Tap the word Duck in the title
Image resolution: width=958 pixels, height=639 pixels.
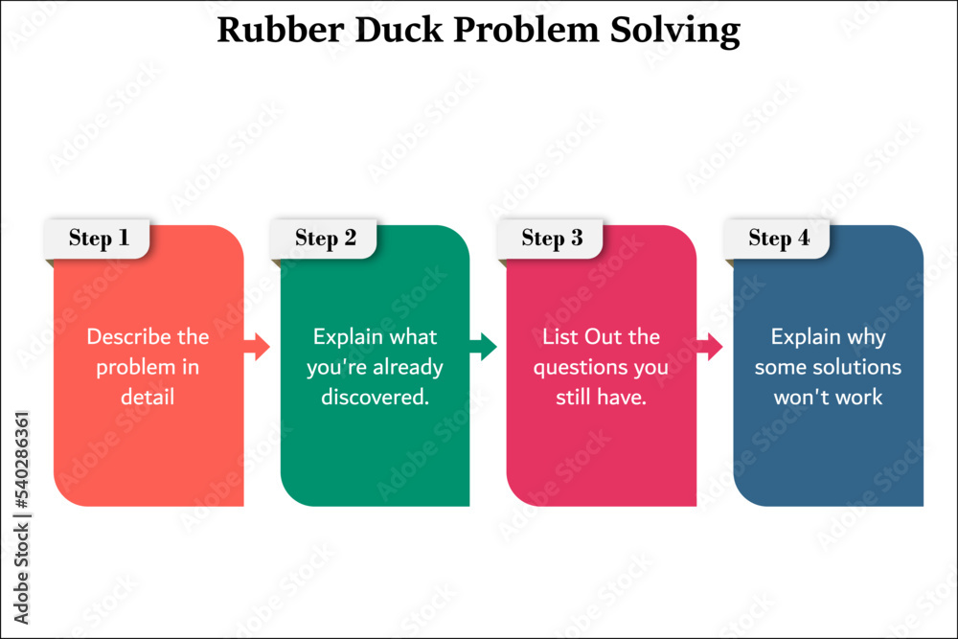(x=399, y=30)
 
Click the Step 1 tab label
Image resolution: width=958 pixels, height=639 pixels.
(x=99, y=239)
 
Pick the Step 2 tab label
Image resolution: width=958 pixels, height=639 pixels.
(x=326, y=239)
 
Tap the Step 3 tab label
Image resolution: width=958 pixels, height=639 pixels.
(x=553, y=239)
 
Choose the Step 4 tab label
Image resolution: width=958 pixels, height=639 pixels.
(x=779, y=239)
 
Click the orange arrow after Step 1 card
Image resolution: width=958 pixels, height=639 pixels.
(x=257, y=347)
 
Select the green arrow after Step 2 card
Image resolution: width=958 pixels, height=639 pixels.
(x=483, y=347)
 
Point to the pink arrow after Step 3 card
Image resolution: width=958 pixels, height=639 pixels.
(x=709, y=347)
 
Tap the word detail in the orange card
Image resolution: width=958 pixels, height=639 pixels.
(x=148, y=397)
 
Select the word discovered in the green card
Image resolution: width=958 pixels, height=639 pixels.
(x=375, y=397)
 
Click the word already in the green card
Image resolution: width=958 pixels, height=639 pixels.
(x=408, y=368)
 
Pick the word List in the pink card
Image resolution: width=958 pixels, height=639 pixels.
(x=560, y=336)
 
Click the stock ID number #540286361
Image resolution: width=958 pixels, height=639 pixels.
(x=21, y=461)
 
